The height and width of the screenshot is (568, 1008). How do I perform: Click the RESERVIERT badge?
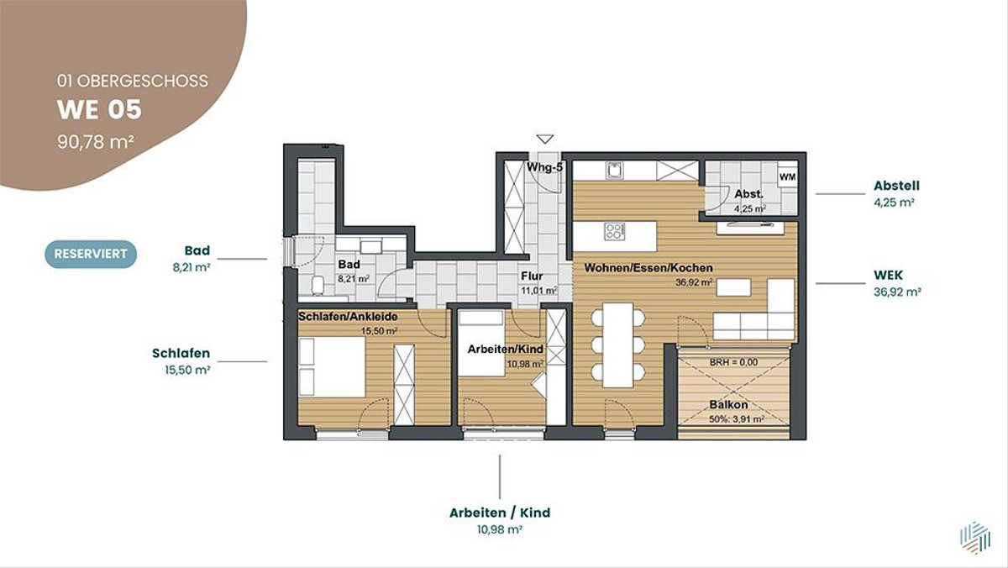click(91, 254)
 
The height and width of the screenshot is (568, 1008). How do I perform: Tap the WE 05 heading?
click(99, 110)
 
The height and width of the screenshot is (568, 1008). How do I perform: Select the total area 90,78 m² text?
click(96, 142)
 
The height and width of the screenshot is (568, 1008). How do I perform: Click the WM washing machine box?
click(788, 177)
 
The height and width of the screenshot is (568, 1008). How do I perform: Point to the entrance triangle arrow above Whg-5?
click(545, 139)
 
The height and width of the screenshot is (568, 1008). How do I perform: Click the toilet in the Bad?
click(318, 286)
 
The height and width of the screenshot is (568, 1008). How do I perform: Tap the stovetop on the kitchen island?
click(615, 231)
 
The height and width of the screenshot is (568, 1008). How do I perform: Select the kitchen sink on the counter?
click(613, 171)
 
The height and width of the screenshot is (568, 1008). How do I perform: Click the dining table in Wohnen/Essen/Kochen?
click(618, 344)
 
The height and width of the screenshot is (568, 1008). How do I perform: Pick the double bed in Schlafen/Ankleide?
click(332, 367)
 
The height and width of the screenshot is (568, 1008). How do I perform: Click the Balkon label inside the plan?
click(728, 405)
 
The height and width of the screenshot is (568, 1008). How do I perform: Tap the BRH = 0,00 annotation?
click(733, 362)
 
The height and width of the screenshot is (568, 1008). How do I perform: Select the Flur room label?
click(532, 276)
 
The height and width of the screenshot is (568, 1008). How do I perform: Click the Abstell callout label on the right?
click(896, 186)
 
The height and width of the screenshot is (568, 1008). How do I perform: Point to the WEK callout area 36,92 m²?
click(897, 292)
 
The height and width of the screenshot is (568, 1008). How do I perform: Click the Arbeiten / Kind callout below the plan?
click(500, 513)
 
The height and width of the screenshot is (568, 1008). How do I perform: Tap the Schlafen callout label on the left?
click(181, 353)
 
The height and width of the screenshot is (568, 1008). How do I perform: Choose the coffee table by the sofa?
click(733, 287)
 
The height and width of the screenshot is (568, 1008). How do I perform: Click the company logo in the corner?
click(974, 538)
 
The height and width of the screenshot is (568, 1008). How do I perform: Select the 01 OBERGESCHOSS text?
click(133, 81)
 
